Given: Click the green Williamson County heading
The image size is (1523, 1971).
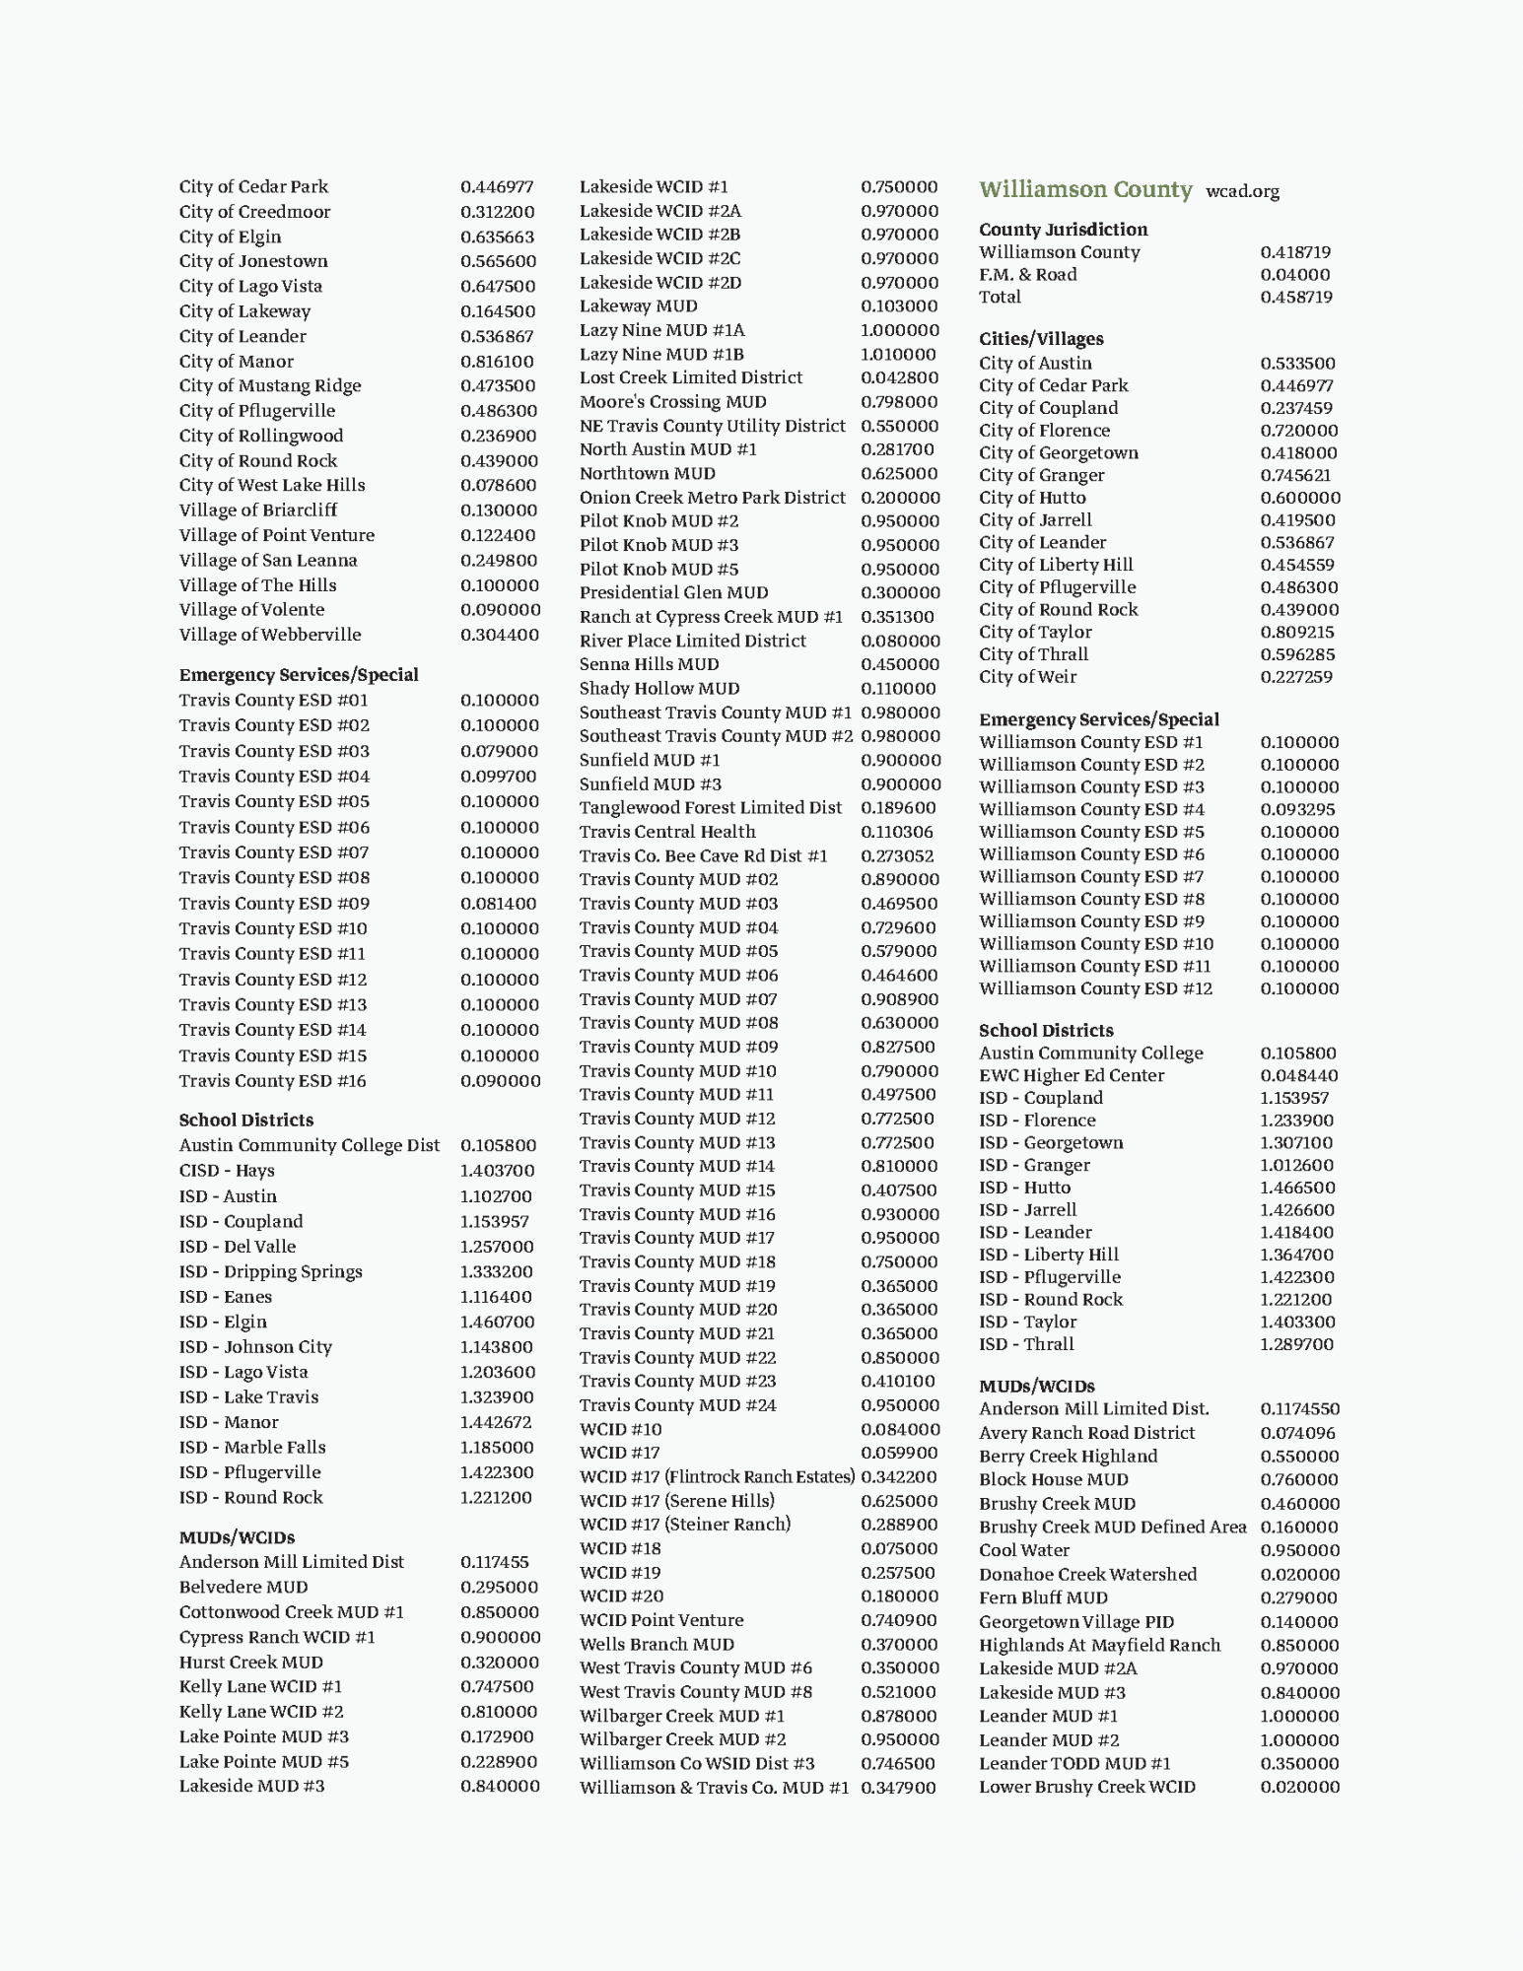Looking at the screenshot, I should pyautogui.click(x=1084, y=189).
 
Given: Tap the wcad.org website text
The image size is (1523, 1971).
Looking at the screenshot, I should pyautogui.click(x=1242, y=191).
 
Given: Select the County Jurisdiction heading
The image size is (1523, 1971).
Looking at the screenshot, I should pyautogui.click(x=1063, y=230).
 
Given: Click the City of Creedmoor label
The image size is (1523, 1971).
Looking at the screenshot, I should pyautogui.click(x=254, y=212).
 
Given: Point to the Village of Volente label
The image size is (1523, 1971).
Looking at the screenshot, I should pyautogui.click(x=251, y=610).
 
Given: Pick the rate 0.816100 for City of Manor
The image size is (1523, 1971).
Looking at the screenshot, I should pyautogui.click(x=497, y=362).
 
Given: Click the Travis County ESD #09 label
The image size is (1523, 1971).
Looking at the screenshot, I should pyautogui.click(x=274, y=904).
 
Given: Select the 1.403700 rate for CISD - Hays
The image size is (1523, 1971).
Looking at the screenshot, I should pyautogui.click(x=497, y=1171).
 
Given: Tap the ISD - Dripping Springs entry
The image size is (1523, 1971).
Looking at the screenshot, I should pyautogui.click(x=270, y=1271).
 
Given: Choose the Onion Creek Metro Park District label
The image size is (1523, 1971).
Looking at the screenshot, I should pyautogui.click(x=712, y=498).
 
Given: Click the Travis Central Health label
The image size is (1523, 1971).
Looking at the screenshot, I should pyautogui.click(x=667, y=832).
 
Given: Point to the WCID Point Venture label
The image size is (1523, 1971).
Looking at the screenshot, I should pyautogui.click(x=660, y=1620).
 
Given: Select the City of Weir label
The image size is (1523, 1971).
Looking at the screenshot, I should pyautogui.click(x=1027, y=677).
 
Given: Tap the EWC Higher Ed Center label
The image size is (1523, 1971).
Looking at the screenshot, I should pyautogui.click(x=1072, y=1075).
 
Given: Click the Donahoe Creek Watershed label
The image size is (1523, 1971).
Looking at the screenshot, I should pyautogui.click(x=1087, y=1575).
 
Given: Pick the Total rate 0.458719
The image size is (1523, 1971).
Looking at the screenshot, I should pyautogui.click(x=1296, y=297).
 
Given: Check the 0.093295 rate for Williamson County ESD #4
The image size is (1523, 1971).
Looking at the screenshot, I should pyautogui.click(x=1297, y=809).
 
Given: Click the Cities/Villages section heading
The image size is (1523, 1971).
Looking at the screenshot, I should pyautogui.click(x=1041, y=339).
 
